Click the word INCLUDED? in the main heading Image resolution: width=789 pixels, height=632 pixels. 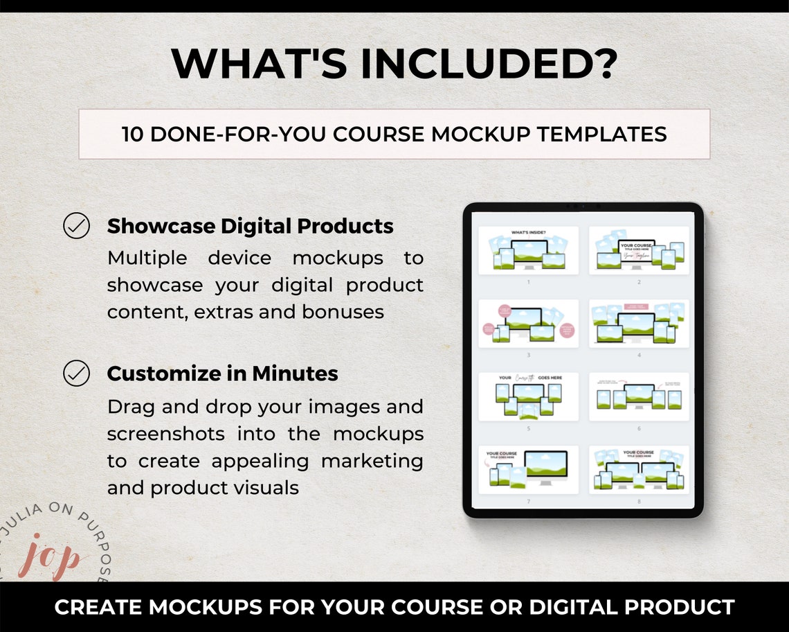point(487,63)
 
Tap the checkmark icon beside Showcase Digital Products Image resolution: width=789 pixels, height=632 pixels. point(76,227)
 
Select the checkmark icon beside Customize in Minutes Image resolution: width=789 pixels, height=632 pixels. point(76,374)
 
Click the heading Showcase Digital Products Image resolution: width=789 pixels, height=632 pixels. point(250,227)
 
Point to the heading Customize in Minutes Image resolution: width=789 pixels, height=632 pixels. point(222,374)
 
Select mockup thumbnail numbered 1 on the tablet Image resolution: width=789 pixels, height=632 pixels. point(529,251)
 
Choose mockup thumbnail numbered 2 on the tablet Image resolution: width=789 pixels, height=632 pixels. point(639,251)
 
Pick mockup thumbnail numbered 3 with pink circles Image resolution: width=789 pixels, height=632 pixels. point(529,324)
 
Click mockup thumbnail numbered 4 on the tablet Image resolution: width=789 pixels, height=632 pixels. point(639,324)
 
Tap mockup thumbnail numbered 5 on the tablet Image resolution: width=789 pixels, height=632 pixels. point(529,397)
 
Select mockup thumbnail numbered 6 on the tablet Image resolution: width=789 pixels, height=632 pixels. point(639,397)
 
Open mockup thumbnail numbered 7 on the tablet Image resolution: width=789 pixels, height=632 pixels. point(529,470)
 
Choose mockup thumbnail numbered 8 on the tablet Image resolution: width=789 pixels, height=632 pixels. point(639,470)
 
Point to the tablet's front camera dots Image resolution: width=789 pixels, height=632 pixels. point(583,206)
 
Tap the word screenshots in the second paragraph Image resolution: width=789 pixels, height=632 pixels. point(166,434)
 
